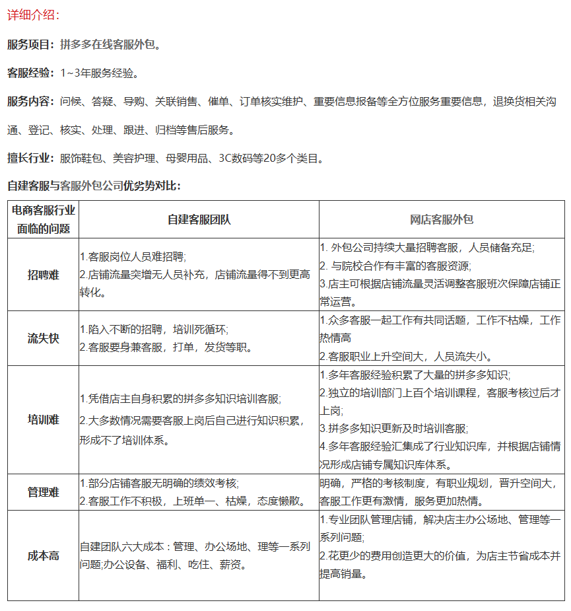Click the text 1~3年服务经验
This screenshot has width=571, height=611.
pyautogui.click(x=99, y=73)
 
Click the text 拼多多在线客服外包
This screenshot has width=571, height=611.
pyautogui.click(x=110, y=45)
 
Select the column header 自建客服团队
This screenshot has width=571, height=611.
pyautogui.click(x=199, y=220)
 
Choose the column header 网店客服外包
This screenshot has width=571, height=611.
pyautogui.click(x=442, y=220)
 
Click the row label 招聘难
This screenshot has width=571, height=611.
pyautogui.click(x=43, y=275)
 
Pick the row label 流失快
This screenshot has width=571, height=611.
pyautogui.click(x=43, y=338)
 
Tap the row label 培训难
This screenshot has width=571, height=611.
pyautogui.click(x=43, y=419)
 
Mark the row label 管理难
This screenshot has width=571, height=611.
pyautogui.click(x=43, y=492)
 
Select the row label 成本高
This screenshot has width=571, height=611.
pyautogui.click(x=43, y=556)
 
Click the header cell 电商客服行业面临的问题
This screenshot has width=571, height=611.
pyautogui.click(x=43, y=220)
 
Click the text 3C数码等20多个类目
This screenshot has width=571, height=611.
pyautogui.click(x=271, y=159)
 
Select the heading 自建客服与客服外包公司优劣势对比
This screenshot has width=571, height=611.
pyautogui.click(x=93, y=186)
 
